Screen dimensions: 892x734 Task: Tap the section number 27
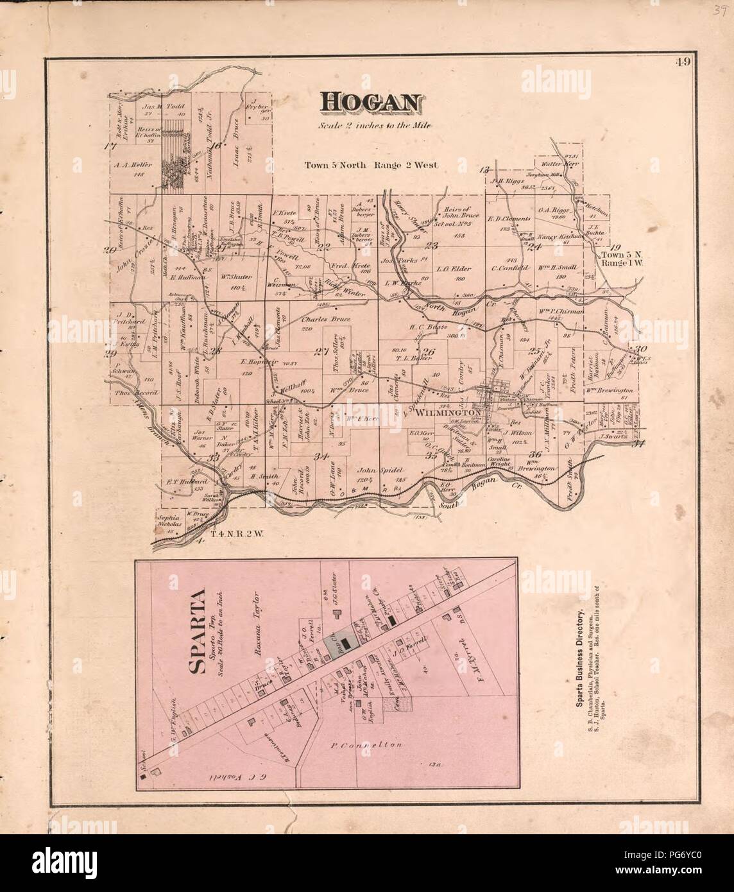tap(321, 350)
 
